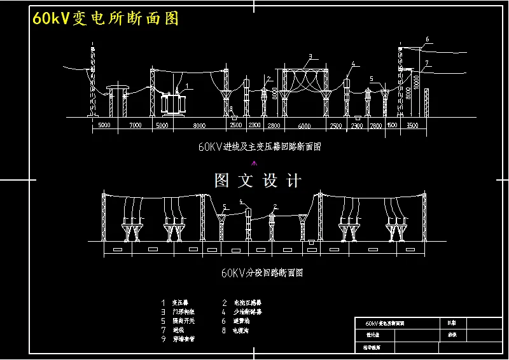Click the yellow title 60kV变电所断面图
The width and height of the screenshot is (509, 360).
click(x=105, y=18)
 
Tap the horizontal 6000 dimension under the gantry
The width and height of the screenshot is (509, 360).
click(x=305, y=125)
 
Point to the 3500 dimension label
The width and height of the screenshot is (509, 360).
click(x=412, y=125)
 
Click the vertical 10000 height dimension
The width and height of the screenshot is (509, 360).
click(x=417, y=81)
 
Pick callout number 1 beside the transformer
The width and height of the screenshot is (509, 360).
click(x=187, y=85)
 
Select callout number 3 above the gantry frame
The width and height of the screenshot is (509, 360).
click(x=310, y=57)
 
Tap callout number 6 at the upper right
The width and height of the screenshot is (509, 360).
click(x=427, y=39)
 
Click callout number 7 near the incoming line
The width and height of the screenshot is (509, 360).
click(x=427, y=62)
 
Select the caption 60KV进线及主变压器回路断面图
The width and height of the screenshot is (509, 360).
click(x=260, y=146)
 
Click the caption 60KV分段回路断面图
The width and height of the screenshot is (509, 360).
click(x=261, y=273)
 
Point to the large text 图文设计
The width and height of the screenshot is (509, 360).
click(x=258, y=181)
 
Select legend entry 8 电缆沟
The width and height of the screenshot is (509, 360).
click(x=237, y=330)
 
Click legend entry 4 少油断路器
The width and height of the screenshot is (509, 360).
click(x=241, y=312)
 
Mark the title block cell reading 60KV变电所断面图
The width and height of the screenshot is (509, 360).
click(x=382, y=323)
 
